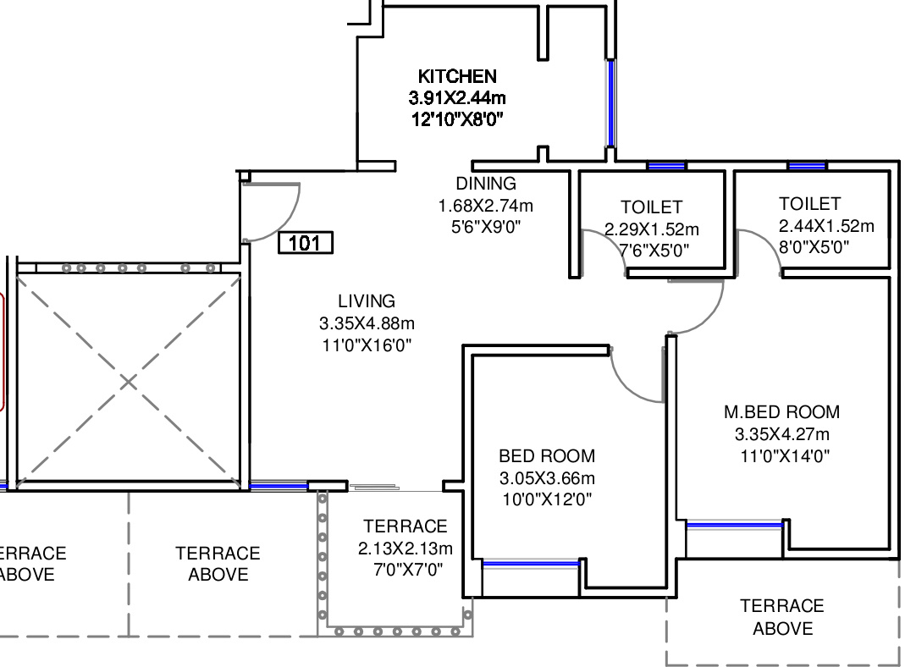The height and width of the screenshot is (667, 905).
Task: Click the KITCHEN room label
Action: [x=457, y=76]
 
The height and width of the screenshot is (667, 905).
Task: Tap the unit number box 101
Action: [x=306, y=242]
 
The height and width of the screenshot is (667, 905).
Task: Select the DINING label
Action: [x=486, y=184]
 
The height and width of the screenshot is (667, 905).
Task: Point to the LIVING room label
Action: [x=367, y=301]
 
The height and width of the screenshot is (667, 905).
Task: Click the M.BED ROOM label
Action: [x=782, y=412]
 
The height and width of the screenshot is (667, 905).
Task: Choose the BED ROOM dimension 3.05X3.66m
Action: [x=547, y=478]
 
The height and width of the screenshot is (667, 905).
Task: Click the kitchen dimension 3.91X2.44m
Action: [x=457, y=97]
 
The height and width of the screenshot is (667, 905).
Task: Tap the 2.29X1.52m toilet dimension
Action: [x=652, y=229]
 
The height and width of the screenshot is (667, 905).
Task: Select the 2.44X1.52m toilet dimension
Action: [x=826, y=226]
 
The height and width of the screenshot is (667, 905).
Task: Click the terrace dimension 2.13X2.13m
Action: [x=406, y=548]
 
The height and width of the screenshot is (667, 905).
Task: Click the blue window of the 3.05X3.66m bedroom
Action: [x=531, y=564]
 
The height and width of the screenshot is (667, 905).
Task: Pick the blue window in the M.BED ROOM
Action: [x=734, y=526]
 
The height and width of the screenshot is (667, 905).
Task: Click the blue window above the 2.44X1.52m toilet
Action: [x=807, y=166]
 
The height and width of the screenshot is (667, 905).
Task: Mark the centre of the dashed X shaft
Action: [x=128, y=381]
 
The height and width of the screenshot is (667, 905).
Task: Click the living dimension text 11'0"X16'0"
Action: [x=367, y=345]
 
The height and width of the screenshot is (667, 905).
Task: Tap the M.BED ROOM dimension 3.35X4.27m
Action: [x=782, y=434]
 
